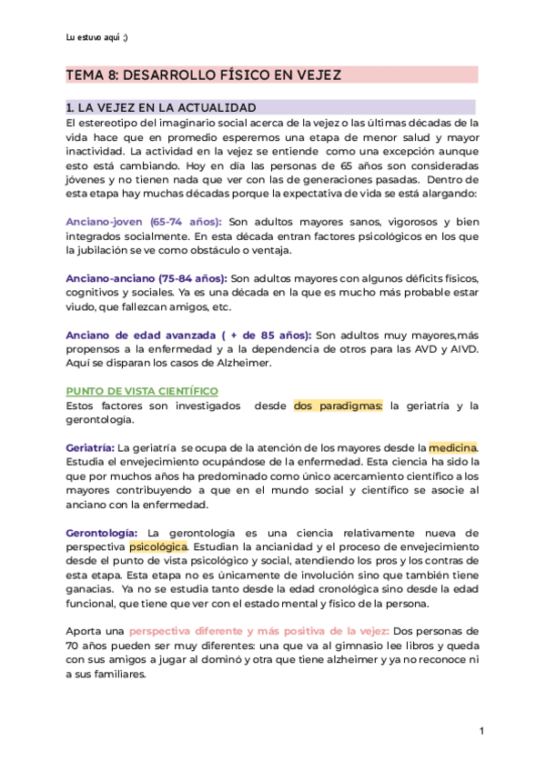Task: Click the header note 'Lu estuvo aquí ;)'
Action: click(x=97, y=37)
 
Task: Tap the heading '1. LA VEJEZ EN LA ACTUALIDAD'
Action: click(x=161, y=107)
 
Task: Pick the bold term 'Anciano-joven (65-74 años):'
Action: click(x=144, y=221)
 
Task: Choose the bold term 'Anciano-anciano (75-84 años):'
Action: click(x=147, y=277)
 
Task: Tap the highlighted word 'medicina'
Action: click(x=452, y=448)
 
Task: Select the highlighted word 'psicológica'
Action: click(x=158, y=546)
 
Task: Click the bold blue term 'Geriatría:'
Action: click(x=90, y=448)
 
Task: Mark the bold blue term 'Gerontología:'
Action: click(x=102, y=532)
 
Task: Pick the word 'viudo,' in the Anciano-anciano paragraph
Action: click(x=83, y=306)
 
